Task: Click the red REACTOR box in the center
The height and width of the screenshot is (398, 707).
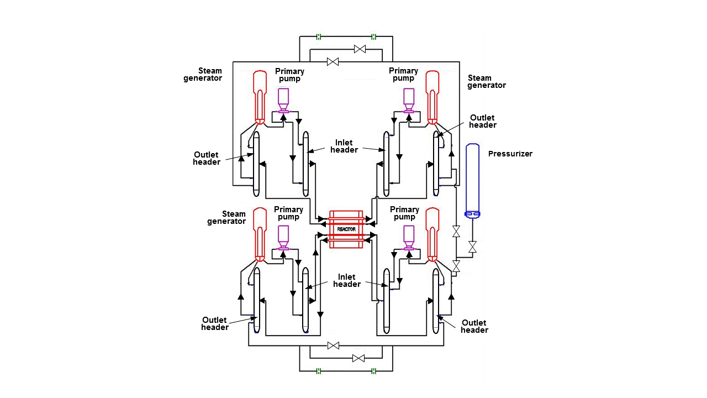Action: (x=346, y=229)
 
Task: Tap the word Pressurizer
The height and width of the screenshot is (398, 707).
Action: (x=510, y=154)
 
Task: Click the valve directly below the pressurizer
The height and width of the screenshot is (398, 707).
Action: (x=472, y=247)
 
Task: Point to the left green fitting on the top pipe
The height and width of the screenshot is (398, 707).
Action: (x=319, y=37)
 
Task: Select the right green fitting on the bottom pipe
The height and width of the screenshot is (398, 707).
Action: (x=374, y=370)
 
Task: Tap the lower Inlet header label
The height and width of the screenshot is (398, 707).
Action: (x=347, y=280)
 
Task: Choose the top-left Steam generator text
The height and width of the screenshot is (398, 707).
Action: (x=203, y=74)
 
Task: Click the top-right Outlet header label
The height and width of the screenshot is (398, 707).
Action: (x=483, y=121)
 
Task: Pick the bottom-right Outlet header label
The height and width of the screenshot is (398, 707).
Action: (x=474, y=326)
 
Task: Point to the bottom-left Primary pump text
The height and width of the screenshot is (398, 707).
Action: (x=288, y=213)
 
